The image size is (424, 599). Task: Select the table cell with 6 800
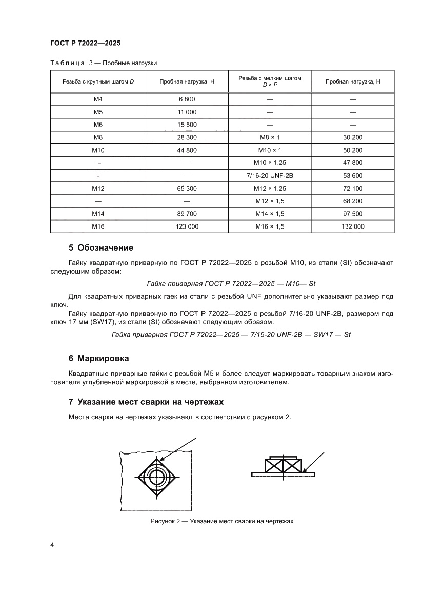(187, 99)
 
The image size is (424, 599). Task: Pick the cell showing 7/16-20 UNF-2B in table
(270, 176)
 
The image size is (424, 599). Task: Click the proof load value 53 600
(353, 176)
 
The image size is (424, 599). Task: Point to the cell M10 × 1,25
(270, 163)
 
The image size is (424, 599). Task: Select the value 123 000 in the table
(187, 226)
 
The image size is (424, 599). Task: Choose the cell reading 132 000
(353, 226)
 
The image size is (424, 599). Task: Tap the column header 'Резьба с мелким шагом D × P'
(270, 82)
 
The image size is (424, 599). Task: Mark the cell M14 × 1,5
(270, 213)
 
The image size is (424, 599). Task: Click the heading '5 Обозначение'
(101, 248)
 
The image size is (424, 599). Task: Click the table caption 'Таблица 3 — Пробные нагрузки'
(103, 63)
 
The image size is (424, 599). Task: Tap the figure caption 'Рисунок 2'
(221, 521)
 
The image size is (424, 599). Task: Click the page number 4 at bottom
(52, 544)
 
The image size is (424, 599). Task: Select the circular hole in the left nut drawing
(157, 478)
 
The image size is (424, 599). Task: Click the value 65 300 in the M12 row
(187, 189)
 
